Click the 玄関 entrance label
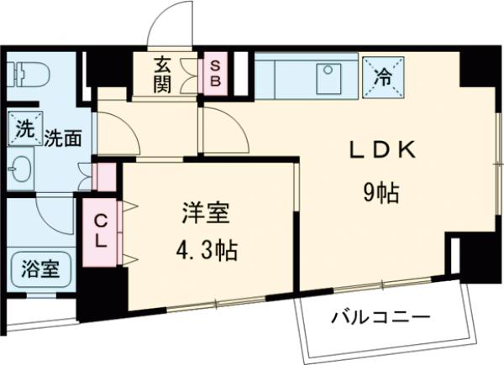tap(163, 74)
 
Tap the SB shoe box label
tap(214, 74)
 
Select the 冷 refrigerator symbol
tap(382, 74)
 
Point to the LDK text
tap(382, 149)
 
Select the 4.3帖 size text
tap(204, 250)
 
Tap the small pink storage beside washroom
tap(105, 175)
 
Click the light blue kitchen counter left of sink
tap(284, 76)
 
